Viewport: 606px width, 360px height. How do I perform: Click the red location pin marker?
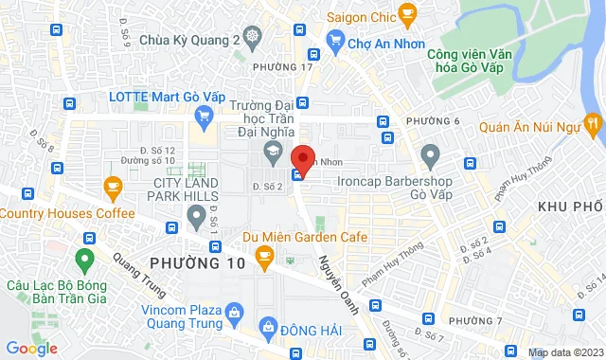pos(302,158)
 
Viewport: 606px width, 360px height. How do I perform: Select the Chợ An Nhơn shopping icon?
pos(333,39)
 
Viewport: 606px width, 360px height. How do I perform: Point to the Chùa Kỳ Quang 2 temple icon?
pos(252,39)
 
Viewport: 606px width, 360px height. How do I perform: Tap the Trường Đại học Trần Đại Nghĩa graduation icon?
pos(272,151)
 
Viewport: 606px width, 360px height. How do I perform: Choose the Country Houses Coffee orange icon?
pos(113,186)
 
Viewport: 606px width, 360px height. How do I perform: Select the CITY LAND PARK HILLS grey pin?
pos(196,219)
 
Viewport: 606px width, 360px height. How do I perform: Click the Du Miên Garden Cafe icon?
pos(265,254)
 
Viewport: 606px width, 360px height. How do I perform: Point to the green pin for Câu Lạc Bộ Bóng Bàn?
pos(84,258)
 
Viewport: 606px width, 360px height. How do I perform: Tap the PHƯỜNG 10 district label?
pos(198,261)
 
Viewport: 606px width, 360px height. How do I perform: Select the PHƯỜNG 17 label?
pos(283,66)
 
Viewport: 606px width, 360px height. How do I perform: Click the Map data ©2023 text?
pos(564,352)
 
